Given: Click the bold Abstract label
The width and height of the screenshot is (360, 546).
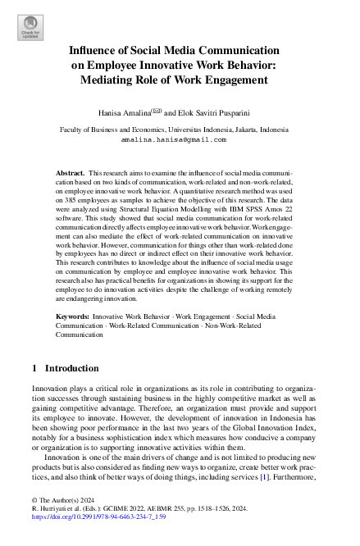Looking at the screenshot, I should pyautogui.click(x=70, y=175).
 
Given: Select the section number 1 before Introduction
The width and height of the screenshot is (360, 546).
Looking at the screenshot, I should pyautogui.click(x=34, y=369).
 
